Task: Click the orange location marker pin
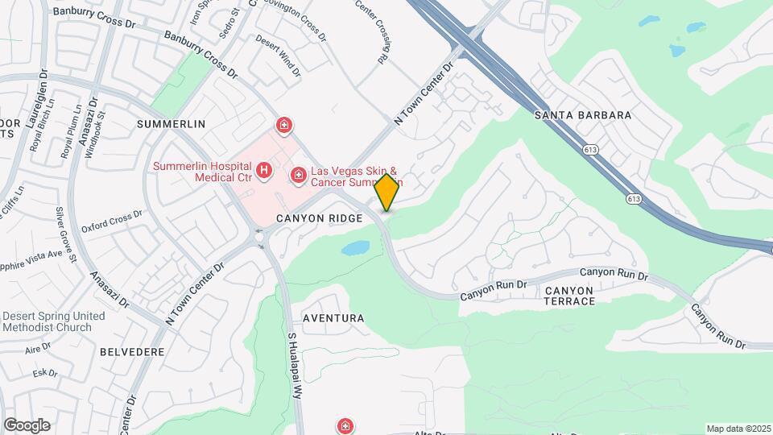[387, 193]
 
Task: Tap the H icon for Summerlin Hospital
[263, 171]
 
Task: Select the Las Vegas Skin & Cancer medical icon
[298, 174]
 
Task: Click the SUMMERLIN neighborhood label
[172, 124]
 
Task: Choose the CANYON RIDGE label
[315, 218]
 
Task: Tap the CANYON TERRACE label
[570, 296]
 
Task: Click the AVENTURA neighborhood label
[333, 318]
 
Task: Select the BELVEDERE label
[132, 352]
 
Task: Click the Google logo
[27, 425]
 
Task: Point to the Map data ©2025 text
[738, 429]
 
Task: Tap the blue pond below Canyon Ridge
[355, 248]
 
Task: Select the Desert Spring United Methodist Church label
[53, 321]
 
